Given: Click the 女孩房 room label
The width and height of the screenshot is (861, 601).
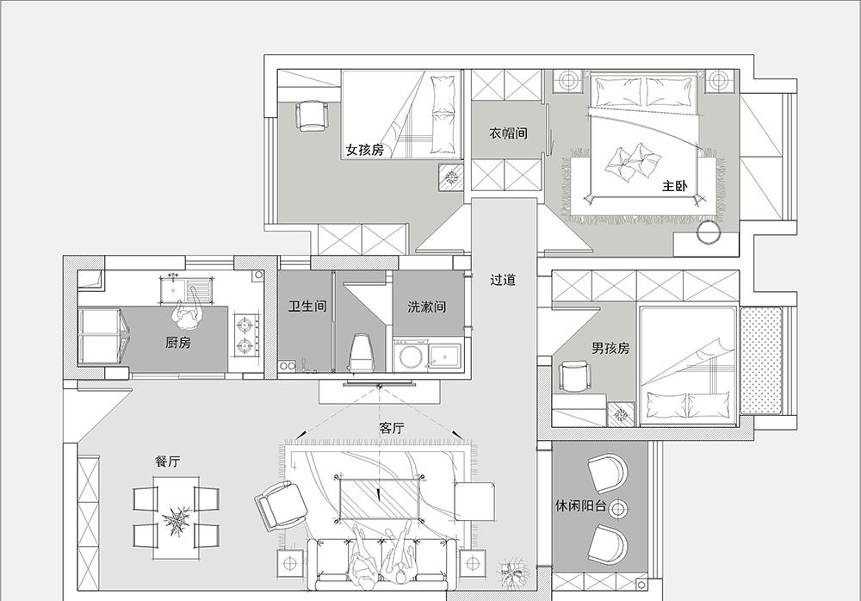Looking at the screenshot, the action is coord(364,150).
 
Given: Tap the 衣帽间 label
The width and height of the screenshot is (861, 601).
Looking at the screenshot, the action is coord(509,133).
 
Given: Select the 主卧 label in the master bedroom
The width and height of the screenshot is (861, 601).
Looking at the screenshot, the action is coord(675,186).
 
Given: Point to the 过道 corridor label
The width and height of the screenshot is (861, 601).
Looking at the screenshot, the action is coord(503,280).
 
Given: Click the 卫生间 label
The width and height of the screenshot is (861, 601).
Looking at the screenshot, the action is coord(307,306).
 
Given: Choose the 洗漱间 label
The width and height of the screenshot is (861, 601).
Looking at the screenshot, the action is coord(427,307).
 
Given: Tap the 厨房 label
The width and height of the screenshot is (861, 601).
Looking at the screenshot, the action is coord(178,343).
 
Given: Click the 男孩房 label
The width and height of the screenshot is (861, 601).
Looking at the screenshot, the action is coord(610,348).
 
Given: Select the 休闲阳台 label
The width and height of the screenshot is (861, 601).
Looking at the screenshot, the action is coord(581,505).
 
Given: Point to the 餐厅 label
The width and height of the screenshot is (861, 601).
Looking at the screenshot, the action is coord(167,462).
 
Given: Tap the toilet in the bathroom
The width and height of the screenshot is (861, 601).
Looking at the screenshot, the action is coord(361,352).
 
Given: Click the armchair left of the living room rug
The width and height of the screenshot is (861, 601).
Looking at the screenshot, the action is coord(282,505).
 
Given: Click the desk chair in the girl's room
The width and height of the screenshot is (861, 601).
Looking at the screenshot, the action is coord(311,115).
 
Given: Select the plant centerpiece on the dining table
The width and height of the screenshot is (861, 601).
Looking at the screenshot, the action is coord(177,519).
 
